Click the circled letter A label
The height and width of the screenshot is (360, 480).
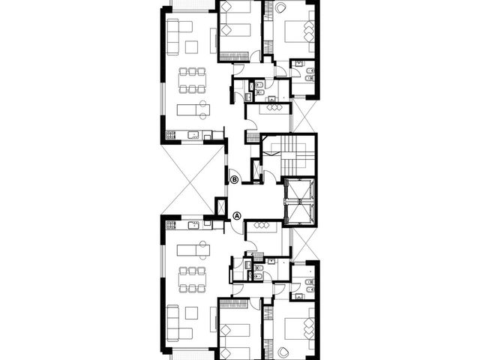pyautogui.click(x=237, y=216)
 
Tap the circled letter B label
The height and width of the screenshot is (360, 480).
pyautogui.click(x=234, y=180)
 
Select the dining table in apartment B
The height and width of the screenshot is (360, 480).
pyautogui.click(x=193, y=80)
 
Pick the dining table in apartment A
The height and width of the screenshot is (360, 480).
pyautogui.click(x=193, y=279)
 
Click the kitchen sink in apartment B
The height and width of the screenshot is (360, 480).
pyautogui.click(x=193, y=135)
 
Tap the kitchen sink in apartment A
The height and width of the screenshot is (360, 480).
pyautogui.click(x=193, y=225)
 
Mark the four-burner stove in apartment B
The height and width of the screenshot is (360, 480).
pyautogui.click(x=171, y=135)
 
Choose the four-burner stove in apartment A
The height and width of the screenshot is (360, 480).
pyautogui.click(x=171, y=225)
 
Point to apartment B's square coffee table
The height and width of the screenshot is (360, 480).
pyautogui.click(x=192, y=46)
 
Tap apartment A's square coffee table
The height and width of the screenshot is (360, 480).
pyautogui.click(x=192, y=313)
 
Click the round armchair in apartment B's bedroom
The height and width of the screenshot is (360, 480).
pyautogui.click(x=280, y=8)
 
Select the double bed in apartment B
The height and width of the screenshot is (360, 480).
pyautogui.click(x=300, y=31)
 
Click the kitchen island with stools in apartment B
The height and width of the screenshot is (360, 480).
pyautogui.click(x=193, y=109)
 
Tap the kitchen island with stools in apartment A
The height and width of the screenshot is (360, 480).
pyautogui.click(x=193, y=250)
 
